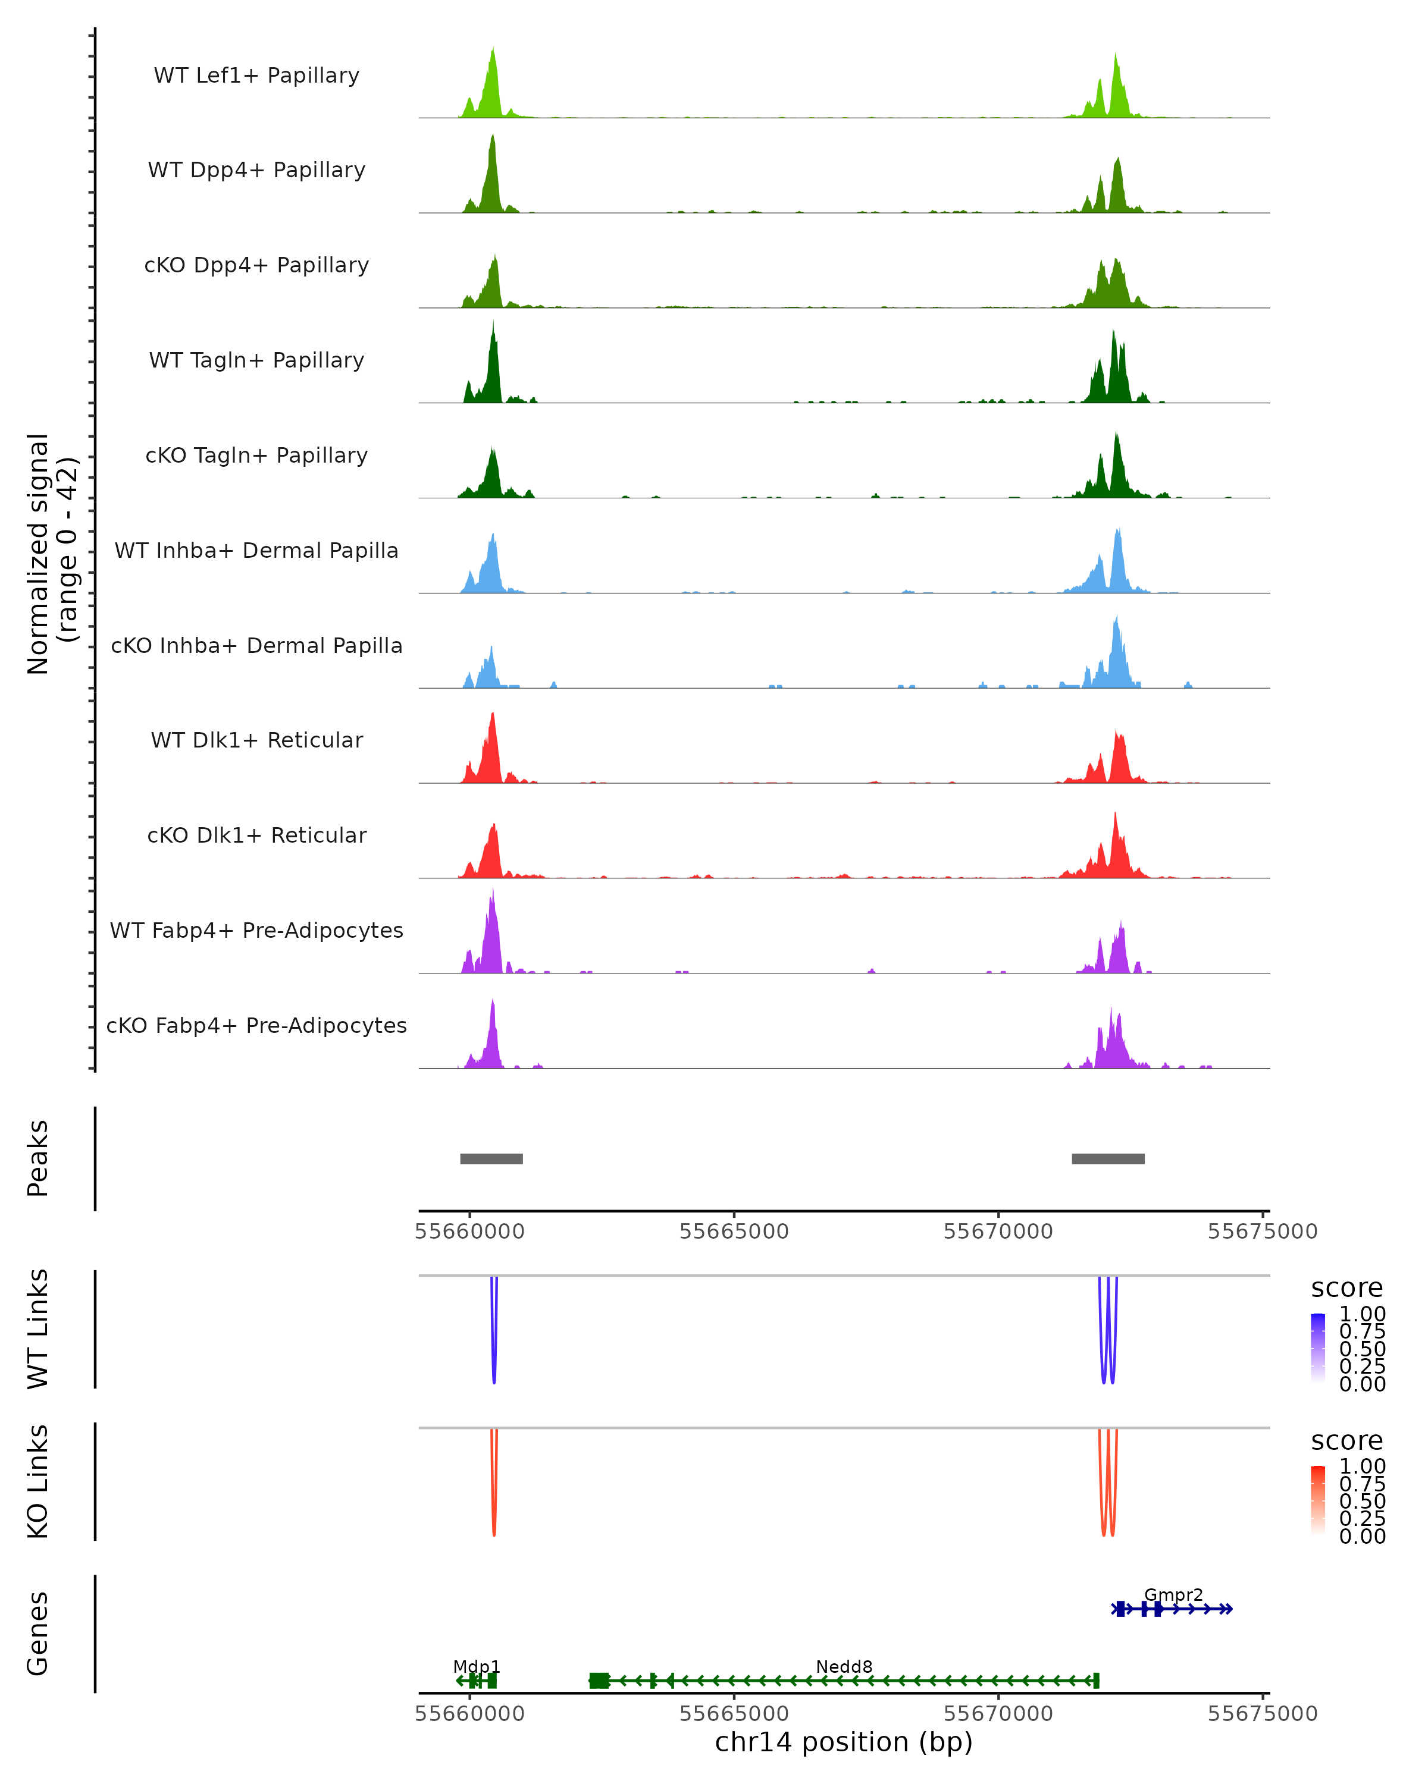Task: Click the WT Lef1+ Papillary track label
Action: [x=256, y=76]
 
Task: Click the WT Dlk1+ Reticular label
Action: [x=256, y=740]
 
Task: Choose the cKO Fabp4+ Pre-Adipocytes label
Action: [x=256, y=1025]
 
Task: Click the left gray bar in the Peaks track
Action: [x=491, y=1158]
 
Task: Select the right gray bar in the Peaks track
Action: [x=1108, y=1158]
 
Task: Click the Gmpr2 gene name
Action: [x=1173, y=1594]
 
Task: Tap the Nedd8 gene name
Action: [x=844, y=1666]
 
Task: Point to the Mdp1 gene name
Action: [x=476, y=1666]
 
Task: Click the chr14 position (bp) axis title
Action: [x=844, y=1742]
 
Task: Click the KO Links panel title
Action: [x=38, y=1481]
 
